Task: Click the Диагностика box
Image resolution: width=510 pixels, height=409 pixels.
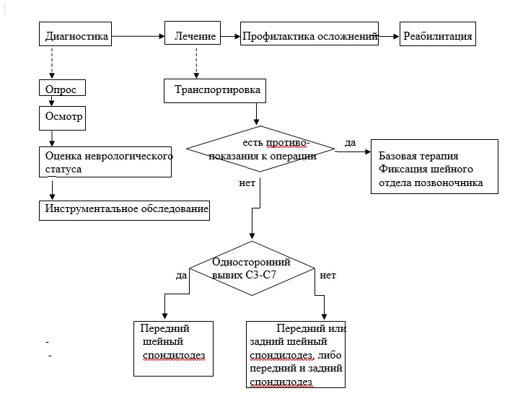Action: [x=75, y=34]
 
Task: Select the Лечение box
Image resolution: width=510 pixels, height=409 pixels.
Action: [x=193, y=33]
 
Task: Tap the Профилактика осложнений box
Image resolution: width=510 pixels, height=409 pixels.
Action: [x=309, y=33]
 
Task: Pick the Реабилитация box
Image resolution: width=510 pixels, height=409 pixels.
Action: [x=437, y=34]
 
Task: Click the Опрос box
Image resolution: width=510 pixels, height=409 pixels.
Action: [x=62, y=88]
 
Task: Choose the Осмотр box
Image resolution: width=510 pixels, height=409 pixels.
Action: [x=62, y=118]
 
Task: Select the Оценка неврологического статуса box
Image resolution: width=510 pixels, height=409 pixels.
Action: [x=105, y=162]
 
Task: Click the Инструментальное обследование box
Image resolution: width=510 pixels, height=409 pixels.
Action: [x=124, y=211]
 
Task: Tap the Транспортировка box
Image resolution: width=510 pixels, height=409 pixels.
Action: [x=215, y=91]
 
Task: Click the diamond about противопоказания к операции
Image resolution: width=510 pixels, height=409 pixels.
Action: [x=260, y=149]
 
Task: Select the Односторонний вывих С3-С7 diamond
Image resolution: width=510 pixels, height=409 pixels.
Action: [x=252, y=268]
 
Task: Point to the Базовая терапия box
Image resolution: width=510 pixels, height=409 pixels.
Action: [x=434, y=167]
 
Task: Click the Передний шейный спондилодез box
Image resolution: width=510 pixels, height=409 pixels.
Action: [x=173, y=349]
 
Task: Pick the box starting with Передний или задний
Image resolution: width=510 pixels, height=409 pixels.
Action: [x=296, y=354]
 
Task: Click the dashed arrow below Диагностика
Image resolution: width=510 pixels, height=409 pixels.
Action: [x=52, y=63]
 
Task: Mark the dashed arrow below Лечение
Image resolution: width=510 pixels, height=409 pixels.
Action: [x=196, y=63]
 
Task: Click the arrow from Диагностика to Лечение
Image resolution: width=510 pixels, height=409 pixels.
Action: [x=139, y=36]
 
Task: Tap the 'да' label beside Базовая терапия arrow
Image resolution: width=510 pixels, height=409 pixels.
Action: [x=351, y=142]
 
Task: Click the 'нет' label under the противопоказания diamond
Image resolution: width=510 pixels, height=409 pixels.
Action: [x=247, y=183]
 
